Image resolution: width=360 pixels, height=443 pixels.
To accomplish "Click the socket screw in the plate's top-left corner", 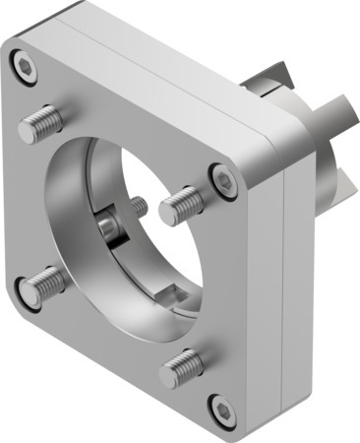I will pos(25,67).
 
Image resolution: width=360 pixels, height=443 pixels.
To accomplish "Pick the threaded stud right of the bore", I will pos(181,205).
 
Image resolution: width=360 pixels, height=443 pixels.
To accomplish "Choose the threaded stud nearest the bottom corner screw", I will pos(182,368).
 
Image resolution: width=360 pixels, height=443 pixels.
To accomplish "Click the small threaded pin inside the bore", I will pos(139,208).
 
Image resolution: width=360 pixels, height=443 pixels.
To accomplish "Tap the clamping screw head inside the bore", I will pos(108,226).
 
